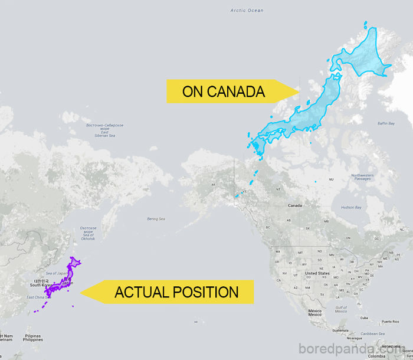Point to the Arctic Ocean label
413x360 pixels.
pyautogui.click(x=247, y=11)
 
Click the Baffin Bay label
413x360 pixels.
pyautogui.click(x=386, y=123)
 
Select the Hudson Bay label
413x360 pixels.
pyautogui.click(x=351, y=208)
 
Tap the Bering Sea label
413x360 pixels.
pyautogui.click(x=156, y=219)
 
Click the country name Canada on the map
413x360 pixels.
pyautogui.click(x=294, y=205)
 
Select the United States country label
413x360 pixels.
pyautogui.click(x=317, y=273)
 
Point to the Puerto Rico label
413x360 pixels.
pyautogui.click(x=390, y=322)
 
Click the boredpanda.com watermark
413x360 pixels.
pyautogui.click(x=354, y=348)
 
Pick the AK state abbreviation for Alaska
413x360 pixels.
pyautogui.click(x=214, y=185)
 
